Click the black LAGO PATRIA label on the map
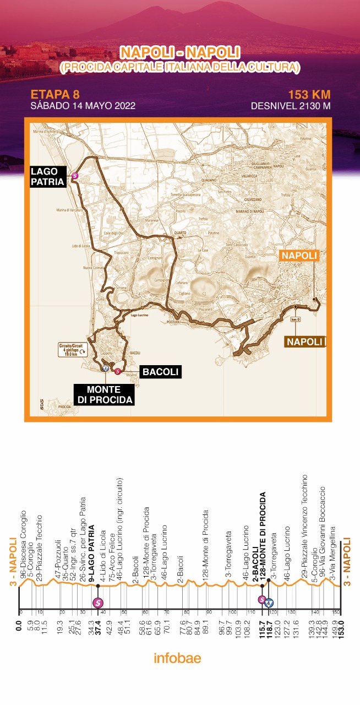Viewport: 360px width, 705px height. (47, 176)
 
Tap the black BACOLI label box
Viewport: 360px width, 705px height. (160, 372)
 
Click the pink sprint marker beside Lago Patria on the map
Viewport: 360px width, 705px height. (75, 176)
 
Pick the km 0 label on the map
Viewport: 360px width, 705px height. (295, 319)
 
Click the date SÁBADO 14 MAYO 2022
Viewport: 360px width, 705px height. (83, 105)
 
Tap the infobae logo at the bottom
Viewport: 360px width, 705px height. (177, 658)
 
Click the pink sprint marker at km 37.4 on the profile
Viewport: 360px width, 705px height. (98, 603)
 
